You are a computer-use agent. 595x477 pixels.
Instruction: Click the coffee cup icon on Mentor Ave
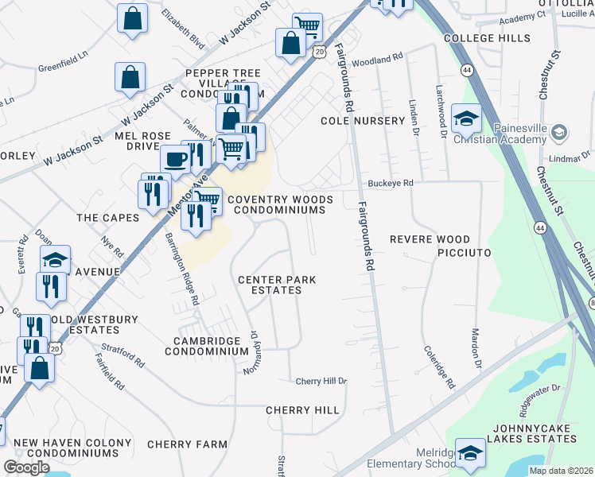pos(175,158)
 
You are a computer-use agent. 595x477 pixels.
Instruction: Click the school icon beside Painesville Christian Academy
pos(466,119)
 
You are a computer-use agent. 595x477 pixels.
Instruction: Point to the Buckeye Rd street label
pos(390,184)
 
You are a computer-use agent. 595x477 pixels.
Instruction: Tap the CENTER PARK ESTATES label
pos(278,285)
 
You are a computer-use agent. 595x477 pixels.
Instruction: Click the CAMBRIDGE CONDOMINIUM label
pos(201,346)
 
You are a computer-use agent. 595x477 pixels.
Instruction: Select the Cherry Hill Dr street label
pos(321,382)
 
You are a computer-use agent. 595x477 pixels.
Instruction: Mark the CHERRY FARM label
pos(187,444)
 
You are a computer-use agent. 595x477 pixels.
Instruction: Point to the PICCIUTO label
pos(464,252)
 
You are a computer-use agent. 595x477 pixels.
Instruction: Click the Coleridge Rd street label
pos(438,366)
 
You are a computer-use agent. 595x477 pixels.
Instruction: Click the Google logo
pos(26,467)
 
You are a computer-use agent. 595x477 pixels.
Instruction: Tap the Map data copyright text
pos(562,471)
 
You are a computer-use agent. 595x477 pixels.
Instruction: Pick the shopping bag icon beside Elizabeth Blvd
pos(132,18)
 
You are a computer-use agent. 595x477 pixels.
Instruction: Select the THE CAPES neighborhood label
pos(107,217)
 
